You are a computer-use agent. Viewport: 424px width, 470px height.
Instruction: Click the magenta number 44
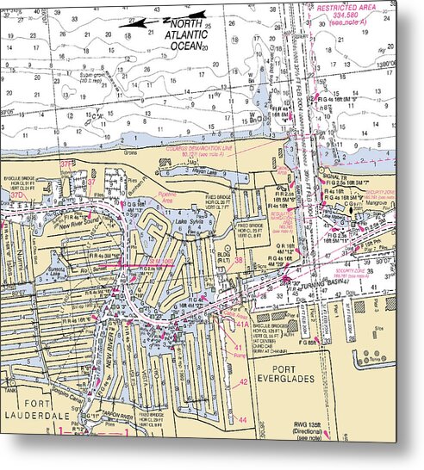[243, 419]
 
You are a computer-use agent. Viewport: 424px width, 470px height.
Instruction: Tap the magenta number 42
[243, 380]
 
